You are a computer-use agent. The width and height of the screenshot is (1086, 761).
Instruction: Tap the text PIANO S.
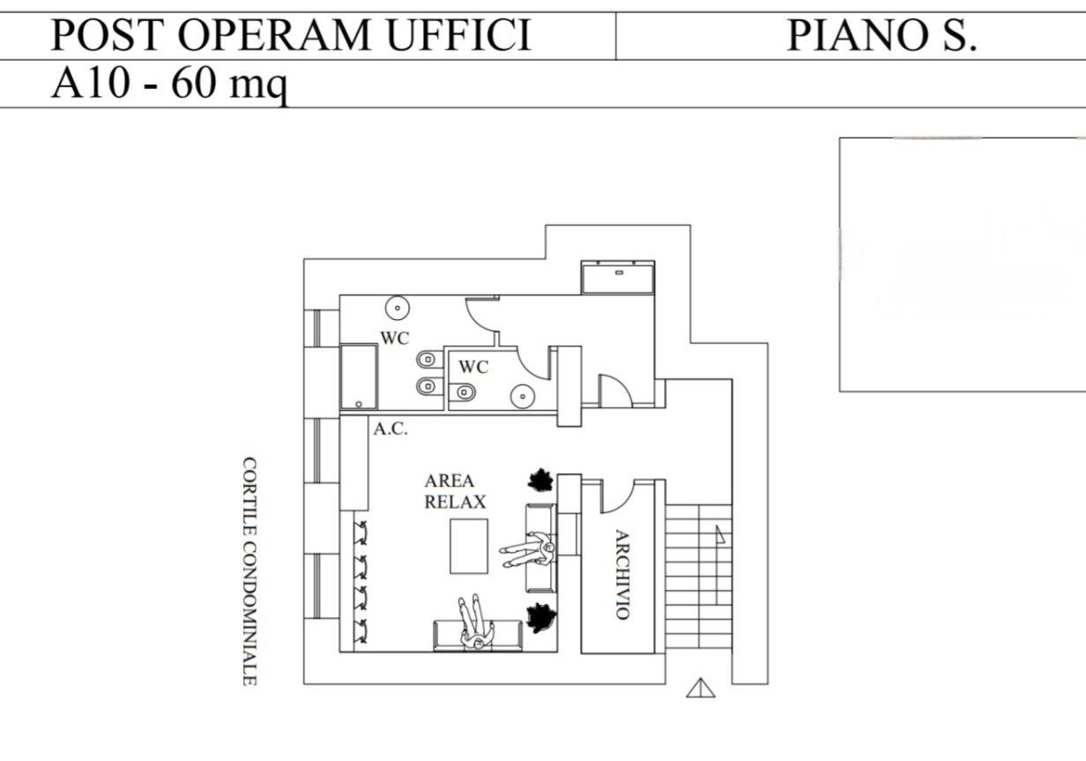(x=881, y=35)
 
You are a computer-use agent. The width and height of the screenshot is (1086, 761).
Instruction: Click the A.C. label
(x=390, y=429)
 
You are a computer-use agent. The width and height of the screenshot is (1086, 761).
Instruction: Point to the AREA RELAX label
(x=454, y=491)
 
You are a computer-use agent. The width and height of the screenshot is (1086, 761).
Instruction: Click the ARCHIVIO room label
(x=621, y=574)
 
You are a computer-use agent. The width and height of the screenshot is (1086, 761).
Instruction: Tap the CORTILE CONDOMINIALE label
(x=249, y=571)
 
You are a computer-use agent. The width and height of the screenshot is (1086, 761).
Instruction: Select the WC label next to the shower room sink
(x=394, y=338)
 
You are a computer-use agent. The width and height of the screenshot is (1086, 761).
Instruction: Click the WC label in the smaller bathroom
(x=472, y=367)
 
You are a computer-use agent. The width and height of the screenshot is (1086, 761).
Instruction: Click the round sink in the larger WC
(x=398, y=309)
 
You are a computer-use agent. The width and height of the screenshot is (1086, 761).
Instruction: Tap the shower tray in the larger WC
(x=359, y=377)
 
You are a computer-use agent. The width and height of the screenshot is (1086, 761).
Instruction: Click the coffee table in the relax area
(x=468, y=546)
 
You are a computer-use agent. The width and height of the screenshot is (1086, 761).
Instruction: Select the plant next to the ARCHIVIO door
(x=540, y=481)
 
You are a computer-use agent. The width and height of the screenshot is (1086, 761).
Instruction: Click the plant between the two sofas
(x=539, y=616)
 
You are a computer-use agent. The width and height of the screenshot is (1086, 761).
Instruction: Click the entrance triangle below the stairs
(x=700, y=687)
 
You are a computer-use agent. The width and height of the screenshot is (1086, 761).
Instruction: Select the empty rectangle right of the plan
(x=962, y=264)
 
